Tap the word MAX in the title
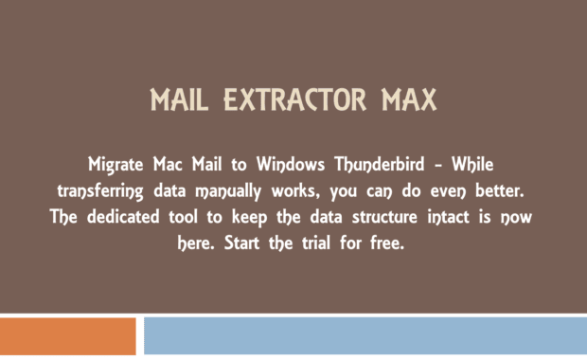(403, 99)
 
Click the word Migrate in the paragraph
(116, 163)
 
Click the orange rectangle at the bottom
(67, 337)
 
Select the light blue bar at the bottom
(365, 337)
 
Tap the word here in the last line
(194, 243)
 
